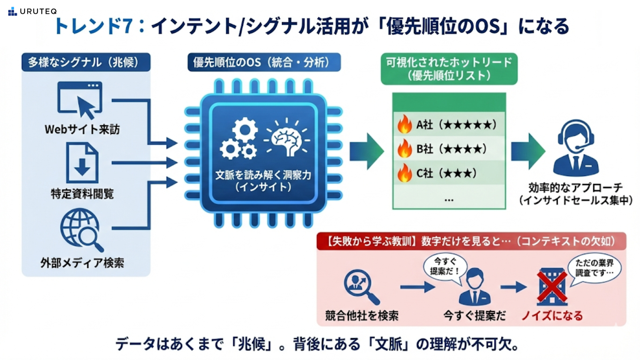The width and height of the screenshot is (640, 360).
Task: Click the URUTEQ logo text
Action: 38,11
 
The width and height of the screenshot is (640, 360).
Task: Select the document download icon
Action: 82,163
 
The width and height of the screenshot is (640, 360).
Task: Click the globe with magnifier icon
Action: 81,230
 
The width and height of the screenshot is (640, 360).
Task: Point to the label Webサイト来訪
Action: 82,129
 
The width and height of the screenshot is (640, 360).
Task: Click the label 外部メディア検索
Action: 82,263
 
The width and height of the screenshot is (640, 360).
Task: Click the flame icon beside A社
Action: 405,124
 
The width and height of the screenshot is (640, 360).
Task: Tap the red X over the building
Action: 552,287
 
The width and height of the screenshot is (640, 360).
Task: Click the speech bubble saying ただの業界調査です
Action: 594,268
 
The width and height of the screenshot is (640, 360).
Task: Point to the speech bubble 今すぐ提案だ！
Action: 445,266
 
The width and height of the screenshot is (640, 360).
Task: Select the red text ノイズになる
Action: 552,315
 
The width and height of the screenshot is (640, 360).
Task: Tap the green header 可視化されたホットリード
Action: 449,69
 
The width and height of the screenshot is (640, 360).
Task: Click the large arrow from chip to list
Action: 366,151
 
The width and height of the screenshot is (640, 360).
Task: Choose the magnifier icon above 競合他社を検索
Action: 360,286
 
